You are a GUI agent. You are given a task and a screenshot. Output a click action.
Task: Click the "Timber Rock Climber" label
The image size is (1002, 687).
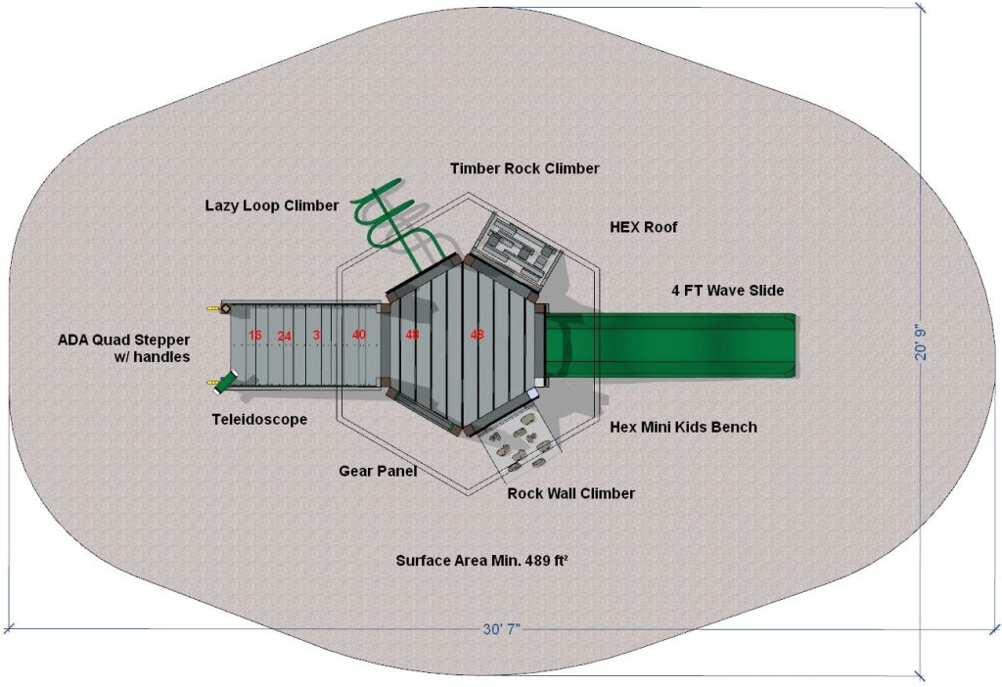[524, 168]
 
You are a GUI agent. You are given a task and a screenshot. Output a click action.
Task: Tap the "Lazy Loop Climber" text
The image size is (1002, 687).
[271, 206]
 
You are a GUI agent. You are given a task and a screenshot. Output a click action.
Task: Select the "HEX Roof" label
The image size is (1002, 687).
[643, 227]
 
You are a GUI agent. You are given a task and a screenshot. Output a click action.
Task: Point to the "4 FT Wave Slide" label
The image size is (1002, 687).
[727, 291]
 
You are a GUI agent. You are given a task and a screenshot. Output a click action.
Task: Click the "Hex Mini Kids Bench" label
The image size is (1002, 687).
[683, 427]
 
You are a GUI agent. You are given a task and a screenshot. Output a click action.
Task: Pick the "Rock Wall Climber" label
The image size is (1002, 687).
[570, 493]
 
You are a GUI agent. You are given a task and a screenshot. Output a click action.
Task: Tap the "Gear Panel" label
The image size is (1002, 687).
[378, 471]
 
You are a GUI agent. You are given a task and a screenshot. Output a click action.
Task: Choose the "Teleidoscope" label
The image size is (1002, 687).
[259, 420]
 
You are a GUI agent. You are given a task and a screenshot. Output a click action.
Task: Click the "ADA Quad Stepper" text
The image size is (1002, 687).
[123, 340]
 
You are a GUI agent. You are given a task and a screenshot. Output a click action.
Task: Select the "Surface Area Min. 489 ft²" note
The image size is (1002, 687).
[482, 561]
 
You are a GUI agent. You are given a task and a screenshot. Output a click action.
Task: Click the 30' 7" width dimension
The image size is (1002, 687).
[501, 628]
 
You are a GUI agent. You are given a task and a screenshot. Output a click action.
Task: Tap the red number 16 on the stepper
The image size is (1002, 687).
[255, 336]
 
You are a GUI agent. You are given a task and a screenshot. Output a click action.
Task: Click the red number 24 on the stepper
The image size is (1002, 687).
[284, 336]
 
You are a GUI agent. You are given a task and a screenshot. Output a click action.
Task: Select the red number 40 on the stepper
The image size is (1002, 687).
[359, 335]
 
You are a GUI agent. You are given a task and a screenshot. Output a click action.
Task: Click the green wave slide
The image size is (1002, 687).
[675, 344]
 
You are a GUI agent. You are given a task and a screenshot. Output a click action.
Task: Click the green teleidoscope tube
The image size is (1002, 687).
[228, 382]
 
